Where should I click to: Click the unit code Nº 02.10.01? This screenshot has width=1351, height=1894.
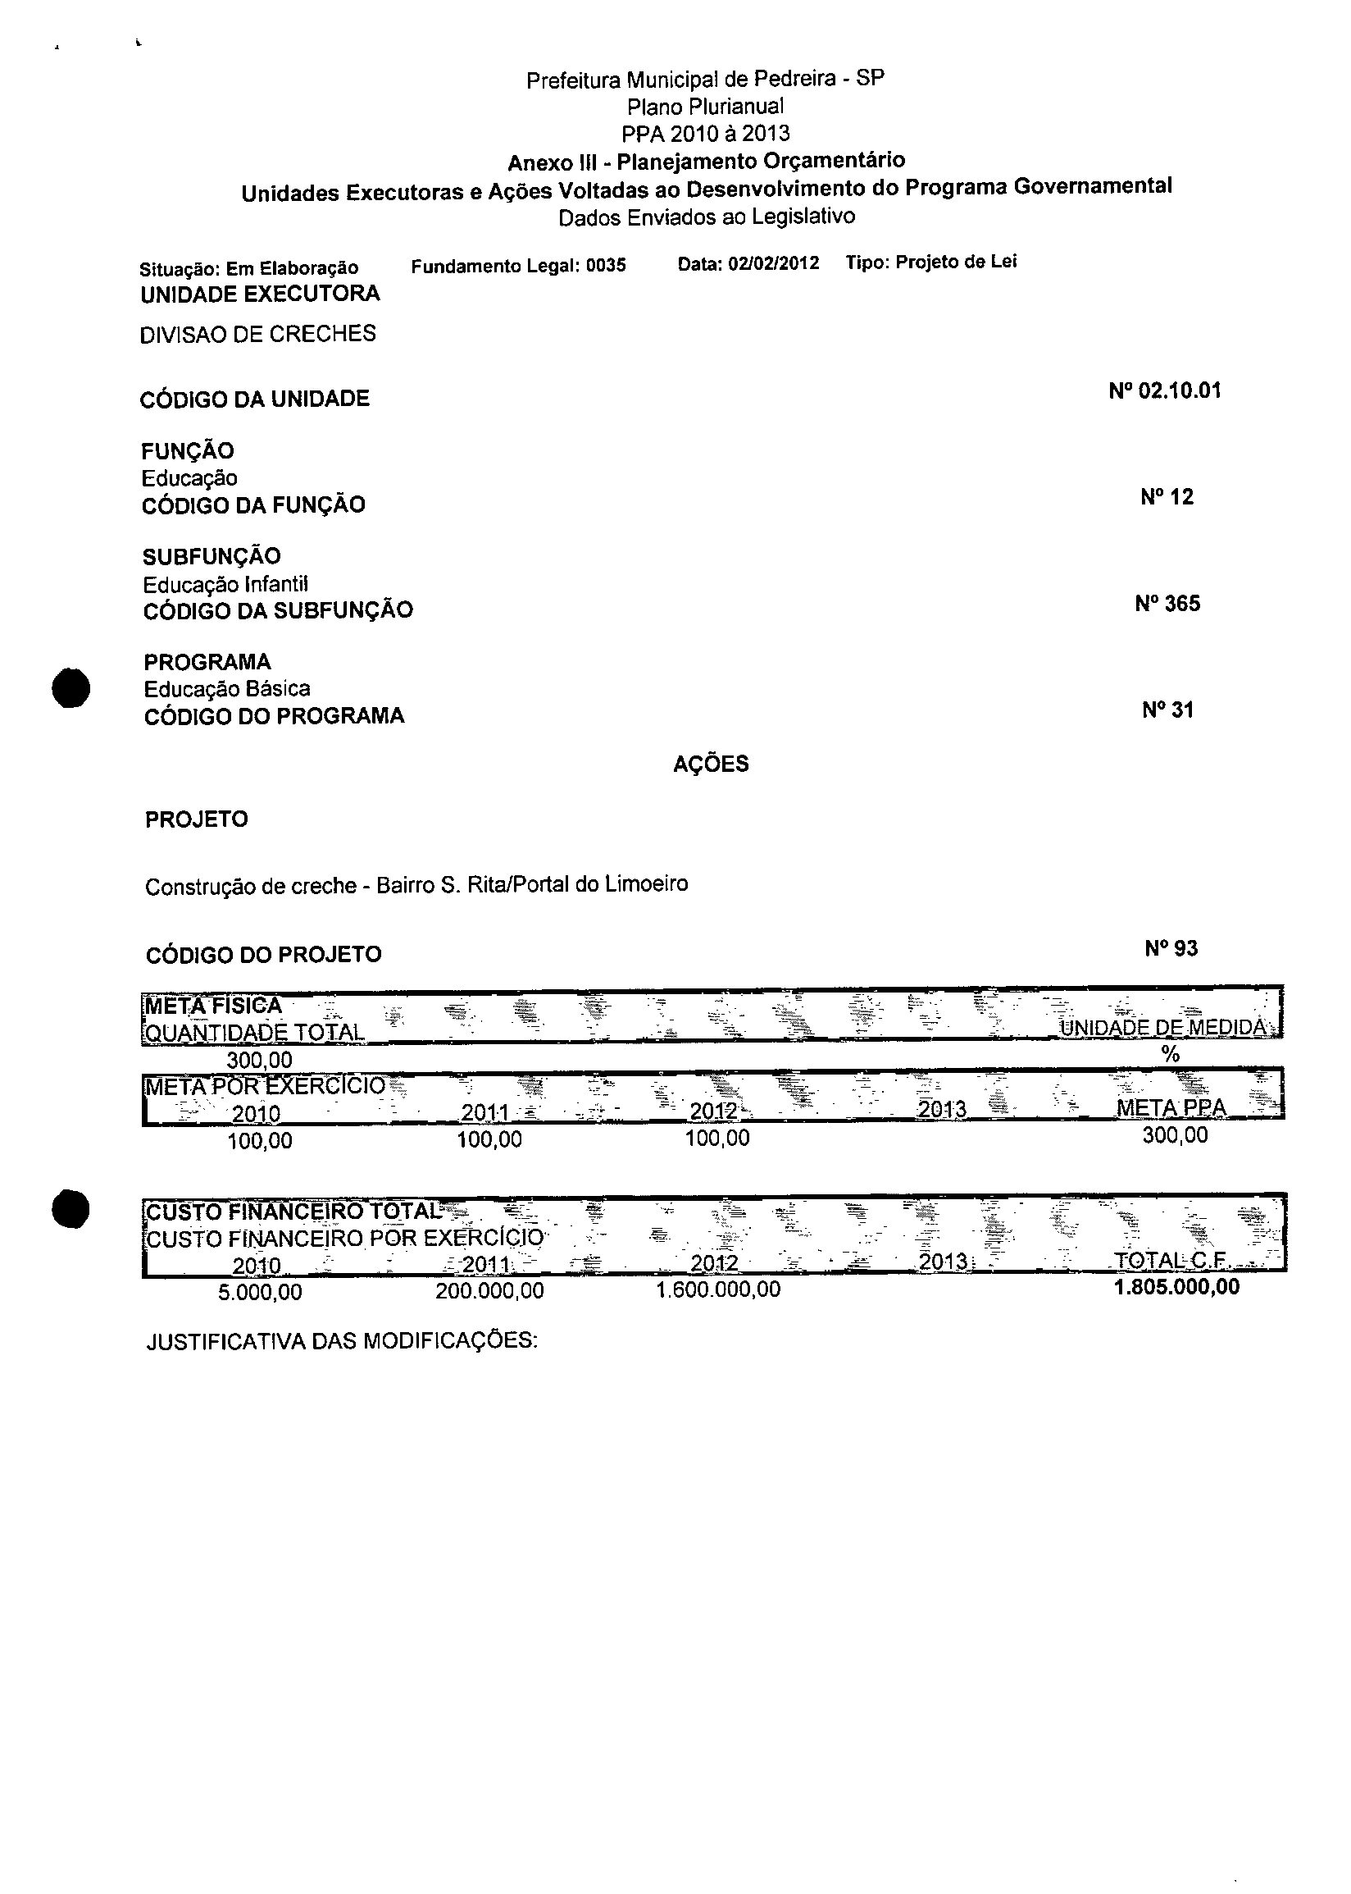point(1165,391)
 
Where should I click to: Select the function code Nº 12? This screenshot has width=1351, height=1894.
point(1167,498)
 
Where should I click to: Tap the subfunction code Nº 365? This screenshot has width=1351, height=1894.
point(1167,604)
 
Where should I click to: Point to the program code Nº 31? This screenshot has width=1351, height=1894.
point(1167,710)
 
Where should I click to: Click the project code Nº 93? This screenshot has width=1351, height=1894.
point(1171,949)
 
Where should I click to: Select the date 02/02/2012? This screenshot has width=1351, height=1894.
point(773,264)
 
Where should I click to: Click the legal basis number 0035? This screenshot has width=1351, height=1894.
point(606,266)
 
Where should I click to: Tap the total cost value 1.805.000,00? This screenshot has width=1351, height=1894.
point(1176,1287)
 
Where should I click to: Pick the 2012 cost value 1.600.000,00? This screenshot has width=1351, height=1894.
point(718,1289)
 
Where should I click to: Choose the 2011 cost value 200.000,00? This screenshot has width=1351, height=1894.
point(489,1290)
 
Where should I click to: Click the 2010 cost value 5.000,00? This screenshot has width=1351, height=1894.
point(260,1293)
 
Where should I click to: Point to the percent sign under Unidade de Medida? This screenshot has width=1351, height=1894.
point(1170,1054)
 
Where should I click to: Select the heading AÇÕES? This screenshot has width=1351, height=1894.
point(711,764)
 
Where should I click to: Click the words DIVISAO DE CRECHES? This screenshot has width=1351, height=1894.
point(258,334)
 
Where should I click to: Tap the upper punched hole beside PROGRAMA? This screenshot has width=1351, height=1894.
point(70,687)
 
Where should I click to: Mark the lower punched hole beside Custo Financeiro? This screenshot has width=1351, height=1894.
point(70,1208)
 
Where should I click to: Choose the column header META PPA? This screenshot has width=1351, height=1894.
point(1171,1107)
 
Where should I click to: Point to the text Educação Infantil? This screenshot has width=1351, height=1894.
point(225,584)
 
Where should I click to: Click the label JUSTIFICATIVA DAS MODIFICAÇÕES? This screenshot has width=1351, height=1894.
point(342,1341)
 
